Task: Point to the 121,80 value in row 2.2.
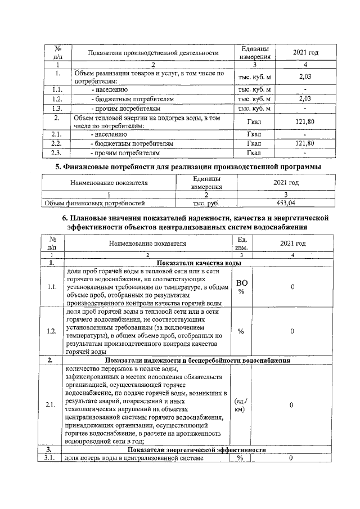[304, 143]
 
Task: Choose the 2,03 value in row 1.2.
[304, 98]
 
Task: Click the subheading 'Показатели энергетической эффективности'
[196, 451]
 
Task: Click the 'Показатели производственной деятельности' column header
[153, 53]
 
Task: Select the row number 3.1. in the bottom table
[53, 459]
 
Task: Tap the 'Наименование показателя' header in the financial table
[109, 183]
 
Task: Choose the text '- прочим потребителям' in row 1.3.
[125, 107]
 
